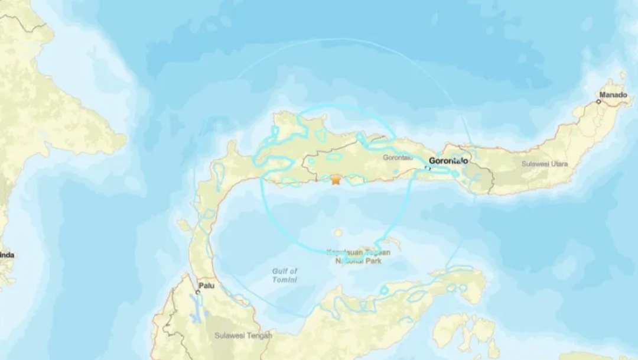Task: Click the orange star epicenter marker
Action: click(x=336, y=180)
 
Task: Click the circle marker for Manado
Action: click(x=599, y=102)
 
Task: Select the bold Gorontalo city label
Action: click(x=448, y=160)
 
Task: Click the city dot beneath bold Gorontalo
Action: click(x=428, y=168)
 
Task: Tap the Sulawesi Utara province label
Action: click(x=545, y=164)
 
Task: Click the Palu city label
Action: click(x=207, y=286)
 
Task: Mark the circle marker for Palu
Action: click(x=198, y=292)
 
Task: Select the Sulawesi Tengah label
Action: click(x=243, y=336)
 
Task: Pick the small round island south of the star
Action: click(x=338, y=233)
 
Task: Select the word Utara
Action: click(x=558, y=164)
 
